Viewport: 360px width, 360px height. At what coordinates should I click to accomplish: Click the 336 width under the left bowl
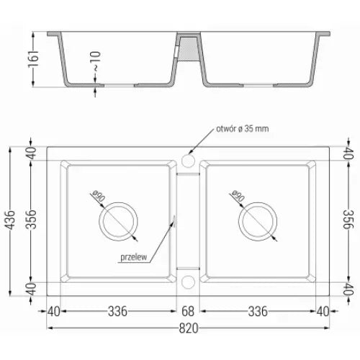click(118, 311)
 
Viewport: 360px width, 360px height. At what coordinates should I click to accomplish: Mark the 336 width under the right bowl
click(256, 311)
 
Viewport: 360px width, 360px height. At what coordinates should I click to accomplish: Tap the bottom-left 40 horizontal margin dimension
click(52, 311)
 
